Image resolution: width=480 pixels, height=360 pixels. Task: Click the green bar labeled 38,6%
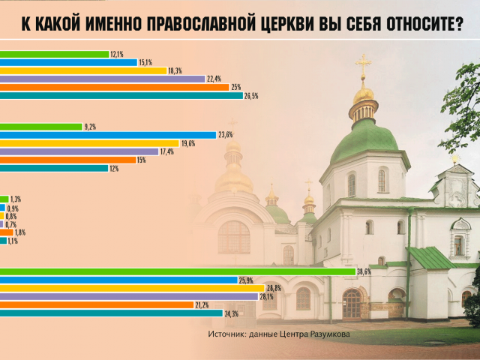coord(178,271)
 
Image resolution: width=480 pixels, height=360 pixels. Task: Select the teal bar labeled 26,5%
coord(121,96)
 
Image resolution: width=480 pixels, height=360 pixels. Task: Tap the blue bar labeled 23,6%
coord(108,135)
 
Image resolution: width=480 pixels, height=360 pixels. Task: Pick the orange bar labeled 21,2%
coord(97,305)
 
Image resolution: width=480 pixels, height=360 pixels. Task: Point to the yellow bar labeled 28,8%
coord(132,288)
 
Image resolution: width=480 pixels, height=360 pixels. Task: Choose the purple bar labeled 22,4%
coord(103,79)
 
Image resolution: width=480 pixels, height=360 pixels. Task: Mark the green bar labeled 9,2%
coord(41,127)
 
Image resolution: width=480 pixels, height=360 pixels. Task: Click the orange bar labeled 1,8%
coord(7,232)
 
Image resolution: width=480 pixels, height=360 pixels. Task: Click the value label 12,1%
coord(117,55)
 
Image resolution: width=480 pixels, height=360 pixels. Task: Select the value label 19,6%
coord(188,143)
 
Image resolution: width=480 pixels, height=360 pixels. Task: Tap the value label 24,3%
coord(232,313)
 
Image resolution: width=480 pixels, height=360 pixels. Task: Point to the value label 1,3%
coord(16,199)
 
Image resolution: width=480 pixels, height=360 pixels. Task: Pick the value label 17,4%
coord(167,151)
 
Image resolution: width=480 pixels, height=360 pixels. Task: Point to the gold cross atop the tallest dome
coord(363,64)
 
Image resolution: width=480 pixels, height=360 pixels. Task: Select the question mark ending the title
coord(458,24)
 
